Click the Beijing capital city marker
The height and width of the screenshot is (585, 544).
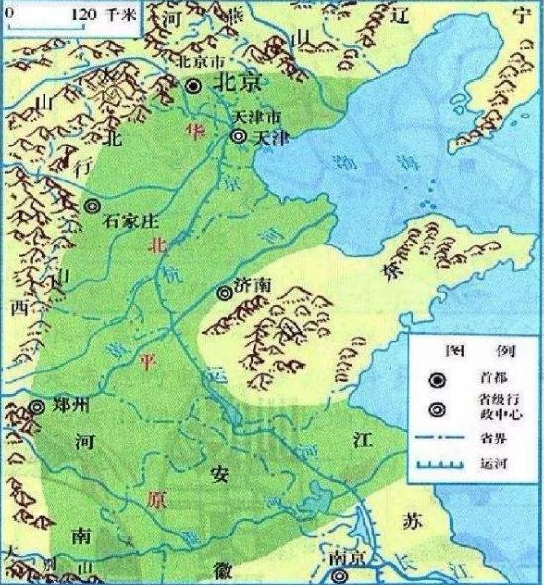194,86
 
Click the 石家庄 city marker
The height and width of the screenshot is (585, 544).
92,206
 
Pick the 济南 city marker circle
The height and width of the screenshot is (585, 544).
224,292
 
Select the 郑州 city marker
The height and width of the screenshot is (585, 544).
37,407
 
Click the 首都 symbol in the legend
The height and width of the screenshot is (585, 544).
435,377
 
